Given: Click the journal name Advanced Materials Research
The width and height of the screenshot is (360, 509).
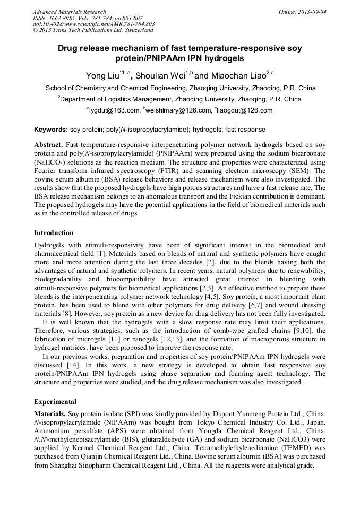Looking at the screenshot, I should click(x=69, y=12).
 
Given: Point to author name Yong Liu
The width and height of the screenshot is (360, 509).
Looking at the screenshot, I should click(x=102, y=76).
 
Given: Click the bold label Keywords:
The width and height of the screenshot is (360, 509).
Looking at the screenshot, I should click(x=51, y=130).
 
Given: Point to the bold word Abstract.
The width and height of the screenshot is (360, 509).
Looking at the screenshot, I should click(x=49, y=145).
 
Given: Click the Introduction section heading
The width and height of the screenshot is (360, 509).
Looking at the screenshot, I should click(x=54, y=232).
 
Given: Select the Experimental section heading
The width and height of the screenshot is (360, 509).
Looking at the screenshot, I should click(x=55, y=401).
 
